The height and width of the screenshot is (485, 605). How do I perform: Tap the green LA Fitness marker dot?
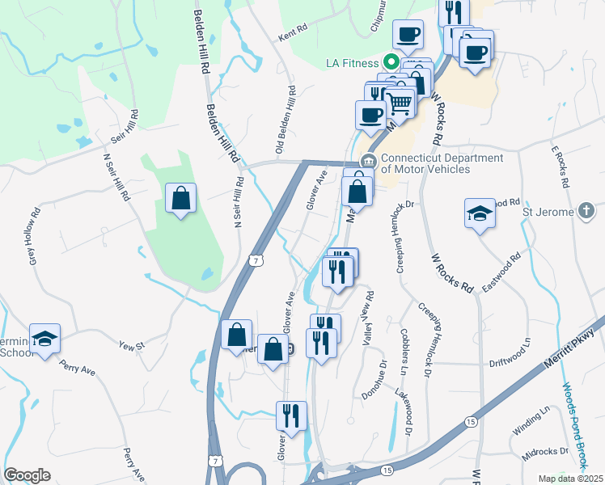389,62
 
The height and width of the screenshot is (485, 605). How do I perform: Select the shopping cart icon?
399,103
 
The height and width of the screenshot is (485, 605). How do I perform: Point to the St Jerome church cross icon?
588,212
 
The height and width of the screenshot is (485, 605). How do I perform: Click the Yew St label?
131,346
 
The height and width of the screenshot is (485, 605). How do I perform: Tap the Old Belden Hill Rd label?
287,120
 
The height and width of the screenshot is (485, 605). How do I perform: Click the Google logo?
27,475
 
